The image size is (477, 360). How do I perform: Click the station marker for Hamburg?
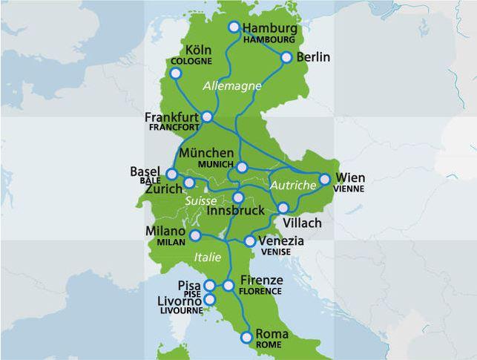[234, 27]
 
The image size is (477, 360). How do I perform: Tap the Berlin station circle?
[286, 56]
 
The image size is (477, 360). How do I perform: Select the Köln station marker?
[176, 73]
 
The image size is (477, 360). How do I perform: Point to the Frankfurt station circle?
[208, 117]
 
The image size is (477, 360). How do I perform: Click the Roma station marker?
[246, 338]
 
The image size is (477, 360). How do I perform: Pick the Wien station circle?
[324, 178]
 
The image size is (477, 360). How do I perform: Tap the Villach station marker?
[284, 207]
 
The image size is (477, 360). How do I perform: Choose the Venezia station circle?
[250, 241]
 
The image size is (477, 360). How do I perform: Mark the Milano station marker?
[195, 235]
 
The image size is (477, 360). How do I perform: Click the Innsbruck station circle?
[237, 197]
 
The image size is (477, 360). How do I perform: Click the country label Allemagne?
[232, 86]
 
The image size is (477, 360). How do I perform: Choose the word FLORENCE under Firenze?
[260, 291]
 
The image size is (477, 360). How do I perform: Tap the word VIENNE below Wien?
[349, 189]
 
